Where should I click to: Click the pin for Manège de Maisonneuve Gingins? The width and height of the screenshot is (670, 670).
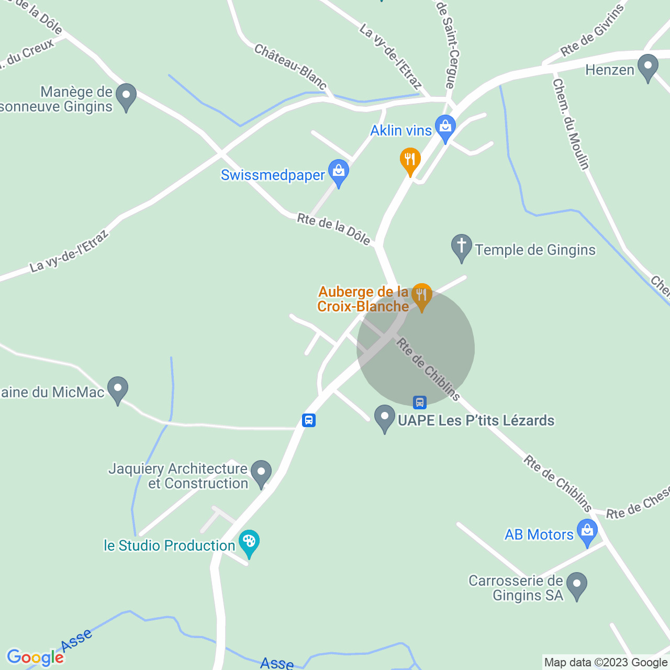[x=126, y=97]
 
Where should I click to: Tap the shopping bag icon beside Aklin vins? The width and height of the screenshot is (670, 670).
[x=445, y=128]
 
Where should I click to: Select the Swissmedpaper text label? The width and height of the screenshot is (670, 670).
[x=273, y=175]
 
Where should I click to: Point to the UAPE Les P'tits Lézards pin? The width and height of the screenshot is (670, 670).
[x=385, y=419]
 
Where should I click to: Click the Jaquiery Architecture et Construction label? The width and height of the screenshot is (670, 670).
[x=178, y=476]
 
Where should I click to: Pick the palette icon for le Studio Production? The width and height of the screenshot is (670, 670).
[x=249, y=543]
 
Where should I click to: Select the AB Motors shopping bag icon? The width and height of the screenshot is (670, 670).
[x=587, y=532]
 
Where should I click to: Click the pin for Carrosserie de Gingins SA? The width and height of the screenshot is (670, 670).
[x=577, y=586]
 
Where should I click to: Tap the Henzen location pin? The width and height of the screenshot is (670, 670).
[x=649, y=68]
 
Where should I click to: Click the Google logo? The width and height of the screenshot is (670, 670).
[x=35, y=657]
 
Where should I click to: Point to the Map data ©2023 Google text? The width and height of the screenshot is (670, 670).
[x=606, y=663]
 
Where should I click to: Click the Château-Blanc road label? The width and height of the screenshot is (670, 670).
[x=291, y=66]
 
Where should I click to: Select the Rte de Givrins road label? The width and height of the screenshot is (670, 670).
[x=593, y=31]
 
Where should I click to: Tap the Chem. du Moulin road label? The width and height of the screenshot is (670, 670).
[x=571, y=124]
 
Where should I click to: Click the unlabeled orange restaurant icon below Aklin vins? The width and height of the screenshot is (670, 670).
[x=410, y=161]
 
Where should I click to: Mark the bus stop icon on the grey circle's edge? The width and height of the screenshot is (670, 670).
[x=419, y=402]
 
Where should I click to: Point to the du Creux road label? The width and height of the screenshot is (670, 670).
[x=29, y=54]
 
